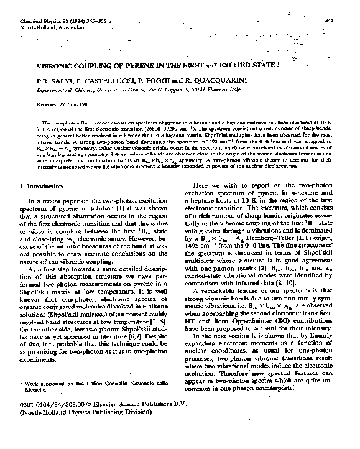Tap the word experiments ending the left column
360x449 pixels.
(41, 360)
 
